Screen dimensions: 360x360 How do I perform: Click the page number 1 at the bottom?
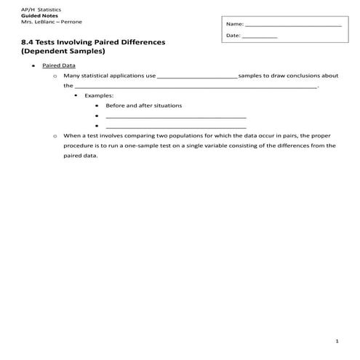[337, 341]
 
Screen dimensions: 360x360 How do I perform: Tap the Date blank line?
[260, 36]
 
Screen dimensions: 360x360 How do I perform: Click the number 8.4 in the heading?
[29, 42]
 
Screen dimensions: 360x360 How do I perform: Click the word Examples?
[99, 95]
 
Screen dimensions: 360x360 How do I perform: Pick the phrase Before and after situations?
[143, 105]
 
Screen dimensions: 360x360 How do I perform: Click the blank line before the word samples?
[197, 76]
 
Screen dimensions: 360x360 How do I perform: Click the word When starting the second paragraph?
[72, 135]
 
